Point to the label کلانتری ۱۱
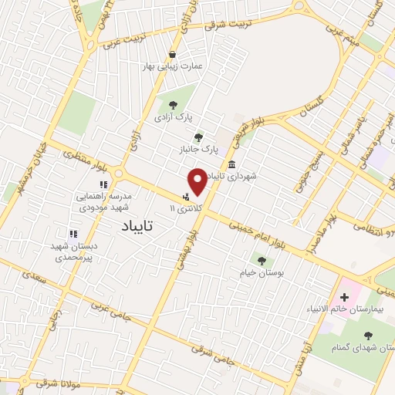(x=188, y=208)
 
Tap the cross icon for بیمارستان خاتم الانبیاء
(x=344, y=297)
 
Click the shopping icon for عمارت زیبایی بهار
(x=172, y=53)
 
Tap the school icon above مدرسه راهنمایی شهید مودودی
(x=103, y=184)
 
